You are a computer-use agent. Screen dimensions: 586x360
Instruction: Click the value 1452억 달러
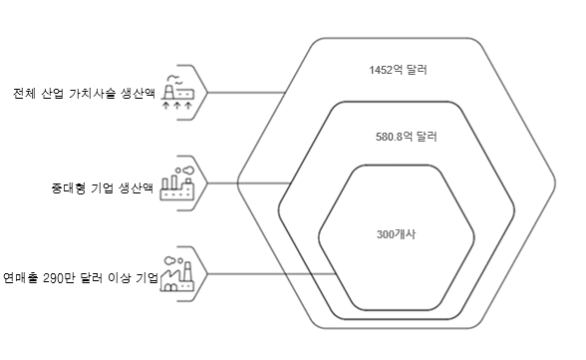(398, 70)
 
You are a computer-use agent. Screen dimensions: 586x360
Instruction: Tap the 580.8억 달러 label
(407, 137)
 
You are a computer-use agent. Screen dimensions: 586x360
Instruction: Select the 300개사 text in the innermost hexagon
(396, 234)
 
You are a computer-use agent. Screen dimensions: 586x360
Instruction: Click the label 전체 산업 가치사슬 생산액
(84, 93)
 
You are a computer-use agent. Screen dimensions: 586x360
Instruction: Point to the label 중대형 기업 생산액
(102, 187)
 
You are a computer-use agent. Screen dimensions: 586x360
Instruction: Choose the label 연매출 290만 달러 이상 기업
(81, 278)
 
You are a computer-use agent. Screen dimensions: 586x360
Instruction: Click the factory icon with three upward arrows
(177, 93)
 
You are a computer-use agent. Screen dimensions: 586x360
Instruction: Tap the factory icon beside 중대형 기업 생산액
(177, 183)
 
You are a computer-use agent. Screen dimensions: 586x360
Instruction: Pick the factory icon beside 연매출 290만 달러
(177, 274)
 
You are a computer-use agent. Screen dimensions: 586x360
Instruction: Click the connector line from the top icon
(246, 93)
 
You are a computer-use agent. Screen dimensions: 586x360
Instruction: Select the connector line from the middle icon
(249, 183)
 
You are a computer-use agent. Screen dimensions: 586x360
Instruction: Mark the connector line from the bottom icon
(272, 274)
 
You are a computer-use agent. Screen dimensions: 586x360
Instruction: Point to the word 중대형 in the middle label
(68, 187)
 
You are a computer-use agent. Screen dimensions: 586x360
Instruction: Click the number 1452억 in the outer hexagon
(383, 70)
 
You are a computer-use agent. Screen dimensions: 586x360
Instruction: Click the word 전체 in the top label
(24, 93)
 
